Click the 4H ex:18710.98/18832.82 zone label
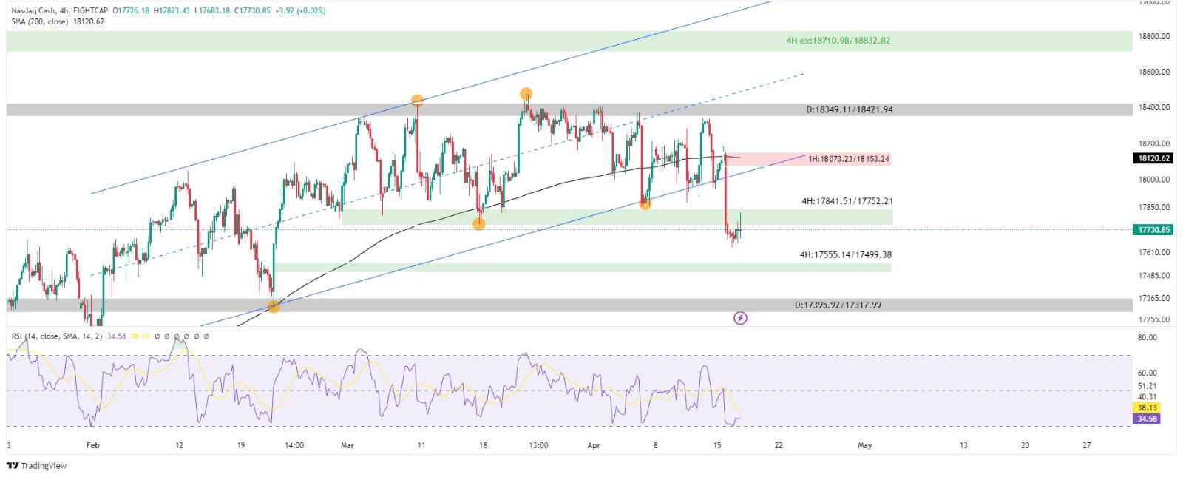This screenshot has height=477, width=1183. click(x=838, y=41)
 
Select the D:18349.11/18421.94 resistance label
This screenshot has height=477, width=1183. click(x=849, y=109)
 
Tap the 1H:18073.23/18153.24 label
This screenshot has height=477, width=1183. click(x=848, y=159)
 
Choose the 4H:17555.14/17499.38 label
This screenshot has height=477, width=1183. click(x=845, y=254)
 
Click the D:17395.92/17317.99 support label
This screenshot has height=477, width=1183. click(x=837, y=305)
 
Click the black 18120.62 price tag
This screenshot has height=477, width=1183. click(x=1153, y=158)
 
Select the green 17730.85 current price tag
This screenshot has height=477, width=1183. click(x=1153, y=230)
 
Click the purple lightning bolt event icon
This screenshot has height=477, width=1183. click(x=740, y=318)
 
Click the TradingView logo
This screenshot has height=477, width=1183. click(x=36, y=466)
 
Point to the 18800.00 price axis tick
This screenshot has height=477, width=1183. click(x=1154, y=36)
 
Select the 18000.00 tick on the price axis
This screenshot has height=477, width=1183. click(x=1154, y=180)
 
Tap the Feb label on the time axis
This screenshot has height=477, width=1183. click(x=92, y=445)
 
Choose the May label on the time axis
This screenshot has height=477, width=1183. click(x=864, y=445)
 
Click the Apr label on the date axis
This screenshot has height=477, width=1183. click(x=593, y=445)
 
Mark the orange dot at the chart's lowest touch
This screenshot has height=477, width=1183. click(x=274, y=306)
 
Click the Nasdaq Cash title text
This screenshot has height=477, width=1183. click(x=35, y=11)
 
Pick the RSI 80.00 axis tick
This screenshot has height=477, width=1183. click(x=1147, y=338)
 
